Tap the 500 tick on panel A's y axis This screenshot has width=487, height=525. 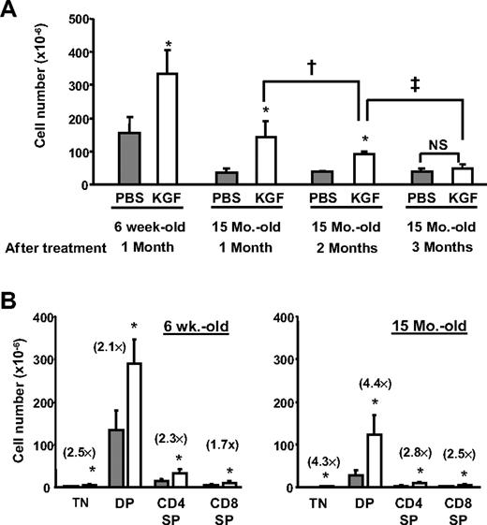point(82,20)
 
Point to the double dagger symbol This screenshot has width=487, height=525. point(414,81)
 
